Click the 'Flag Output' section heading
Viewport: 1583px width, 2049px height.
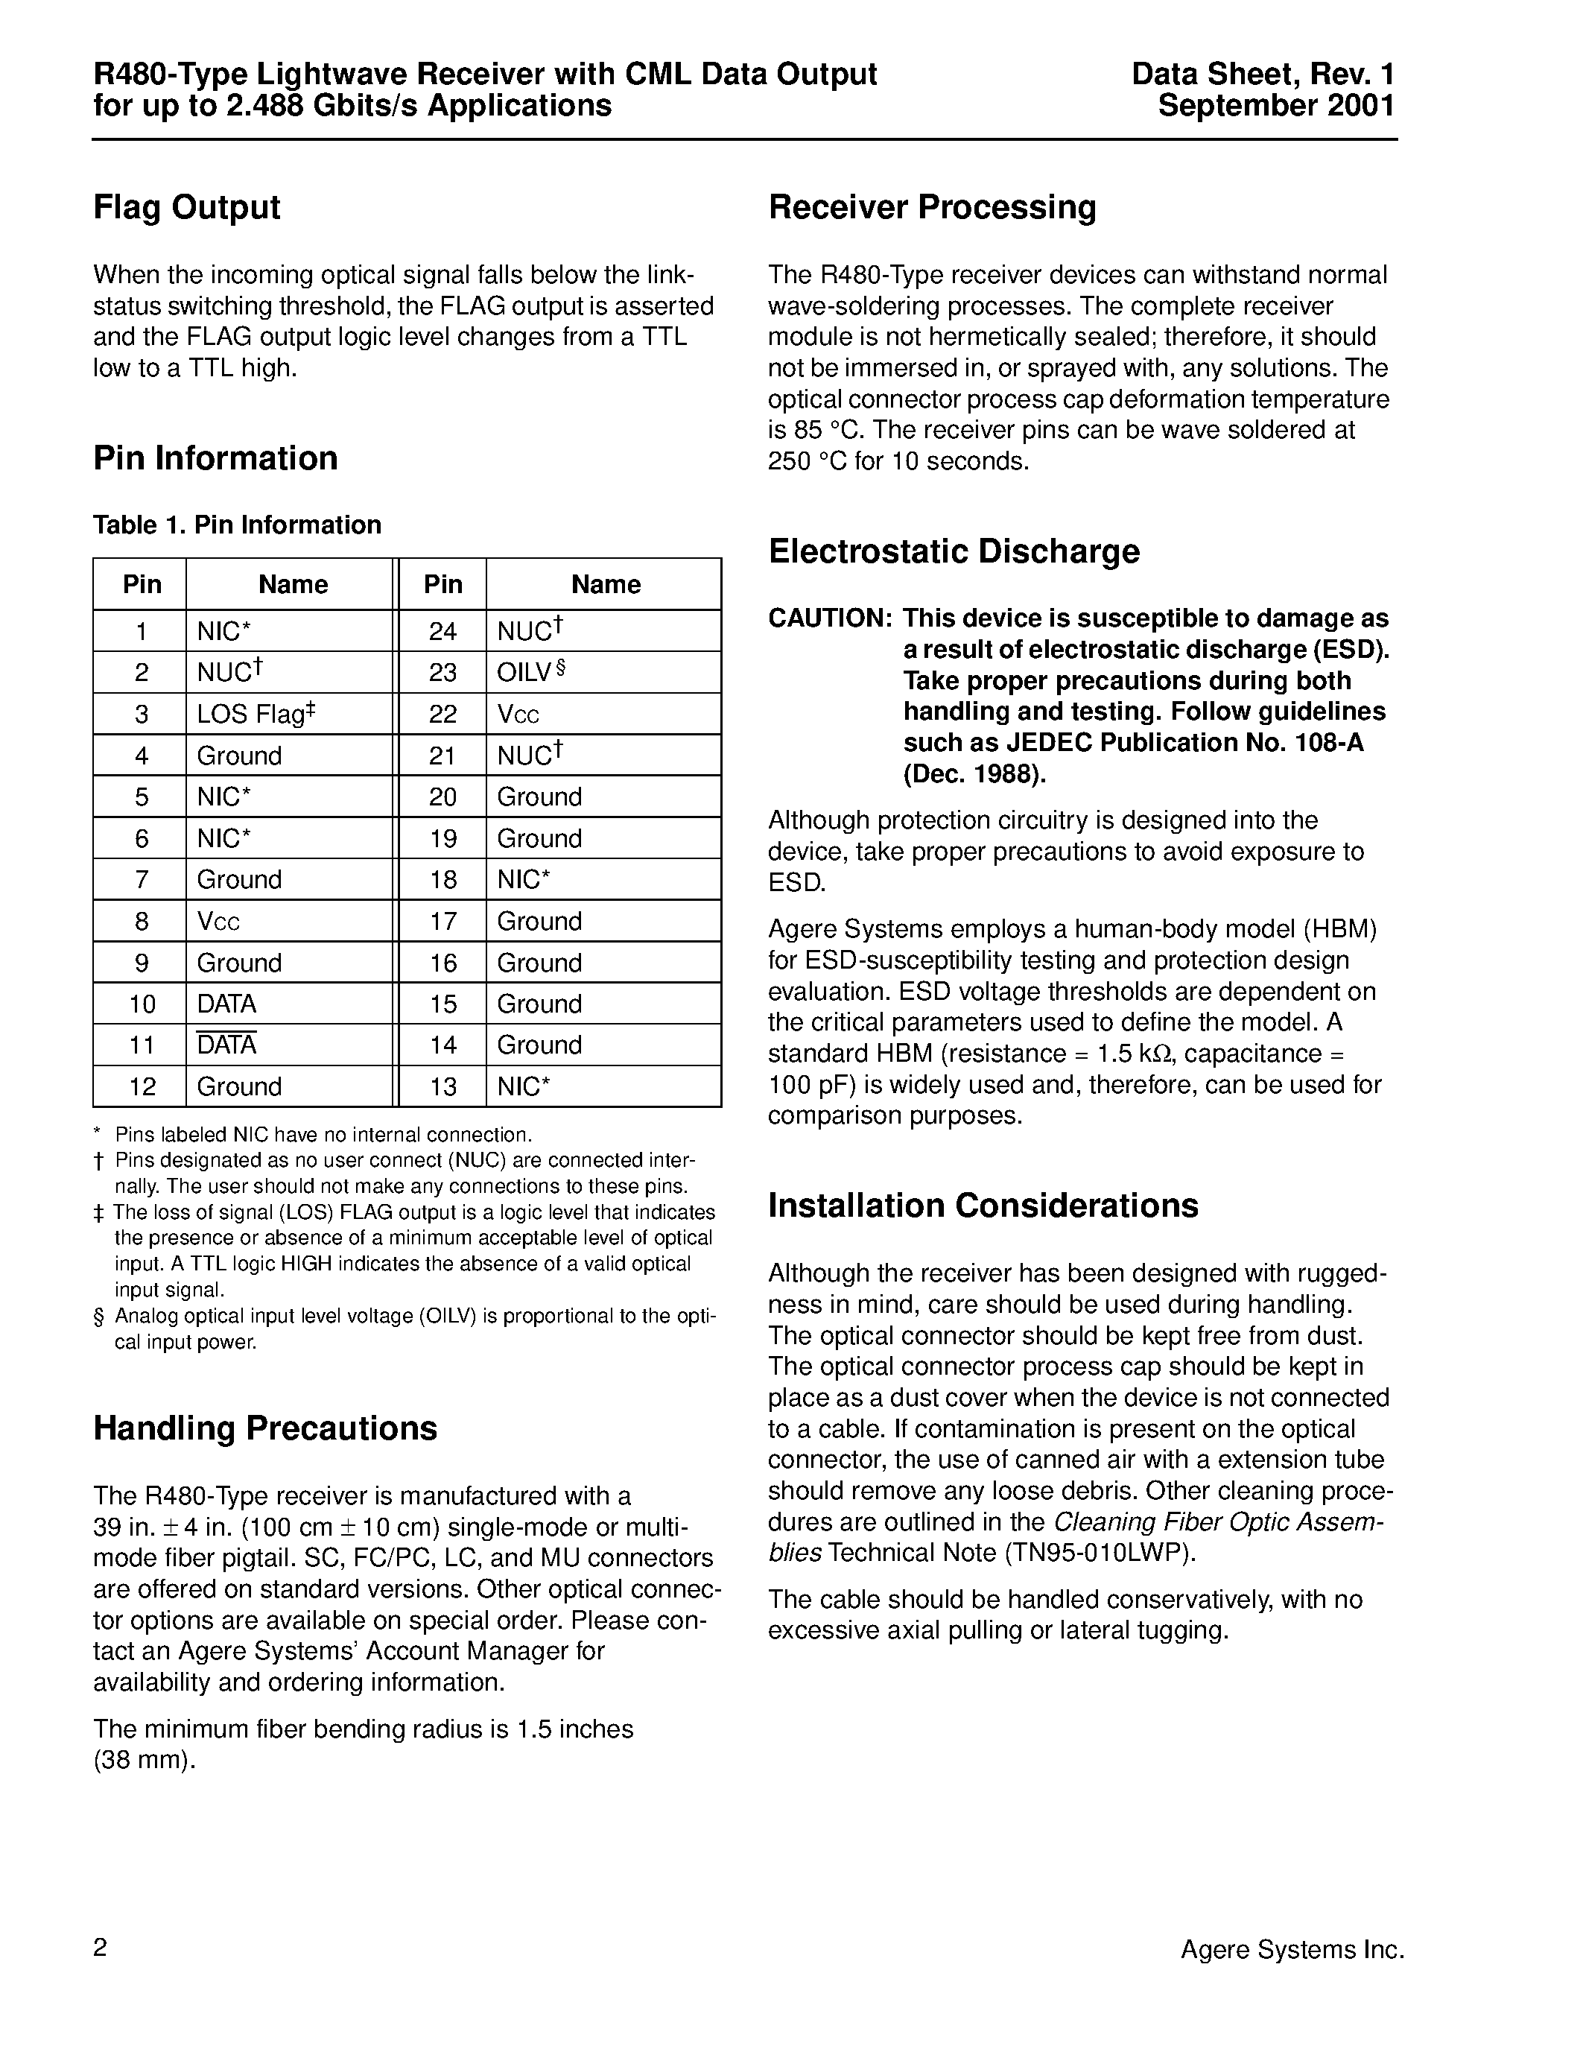187,207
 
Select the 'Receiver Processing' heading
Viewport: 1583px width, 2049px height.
932,207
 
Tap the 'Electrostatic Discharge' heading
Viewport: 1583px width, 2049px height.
954,551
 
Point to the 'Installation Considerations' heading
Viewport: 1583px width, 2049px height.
983,1206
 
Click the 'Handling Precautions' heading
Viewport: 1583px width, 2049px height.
265,1429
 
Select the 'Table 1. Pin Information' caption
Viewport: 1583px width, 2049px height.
237,525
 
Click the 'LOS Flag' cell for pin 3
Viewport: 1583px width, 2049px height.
255,714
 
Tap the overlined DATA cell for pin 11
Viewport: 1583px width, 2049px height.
227,1045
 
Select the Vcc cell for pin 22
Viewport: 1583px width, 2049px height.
518,714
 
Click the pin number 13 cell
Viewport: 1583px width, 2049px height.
442,1086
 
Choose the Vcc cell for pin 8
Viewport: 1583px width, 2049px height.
218,921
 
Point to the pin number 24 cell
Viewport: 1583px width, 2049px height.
442,631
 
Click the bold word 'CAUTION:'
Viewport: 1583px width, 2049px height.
830,618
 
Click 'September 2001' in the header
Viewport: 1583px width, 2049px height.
1275,105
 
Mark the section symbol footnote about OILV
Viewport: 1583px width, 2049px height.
406,1328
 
